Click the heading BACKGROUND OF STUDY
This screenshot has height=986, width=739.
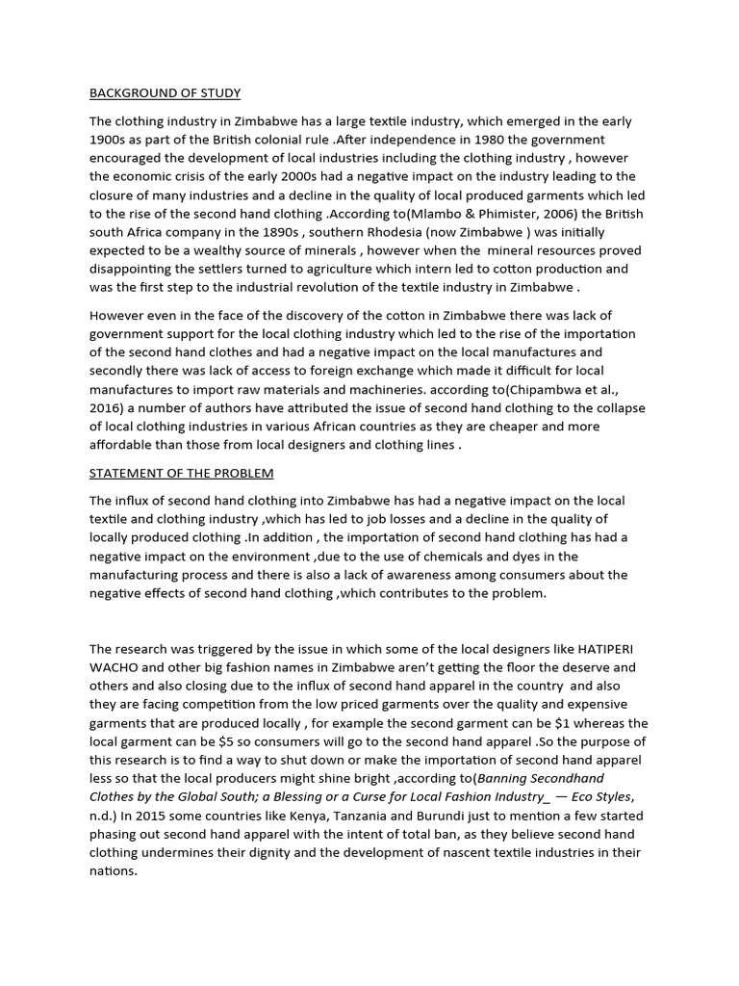click(x=165, y=93)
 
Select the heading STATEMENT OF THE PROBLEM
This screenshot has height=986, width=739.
click(x=181, y=473)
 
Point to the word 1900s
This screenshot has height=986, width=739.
click(x=111, y=140)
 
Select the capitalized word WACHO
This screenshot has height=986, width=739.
click(x=116, y=667)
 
